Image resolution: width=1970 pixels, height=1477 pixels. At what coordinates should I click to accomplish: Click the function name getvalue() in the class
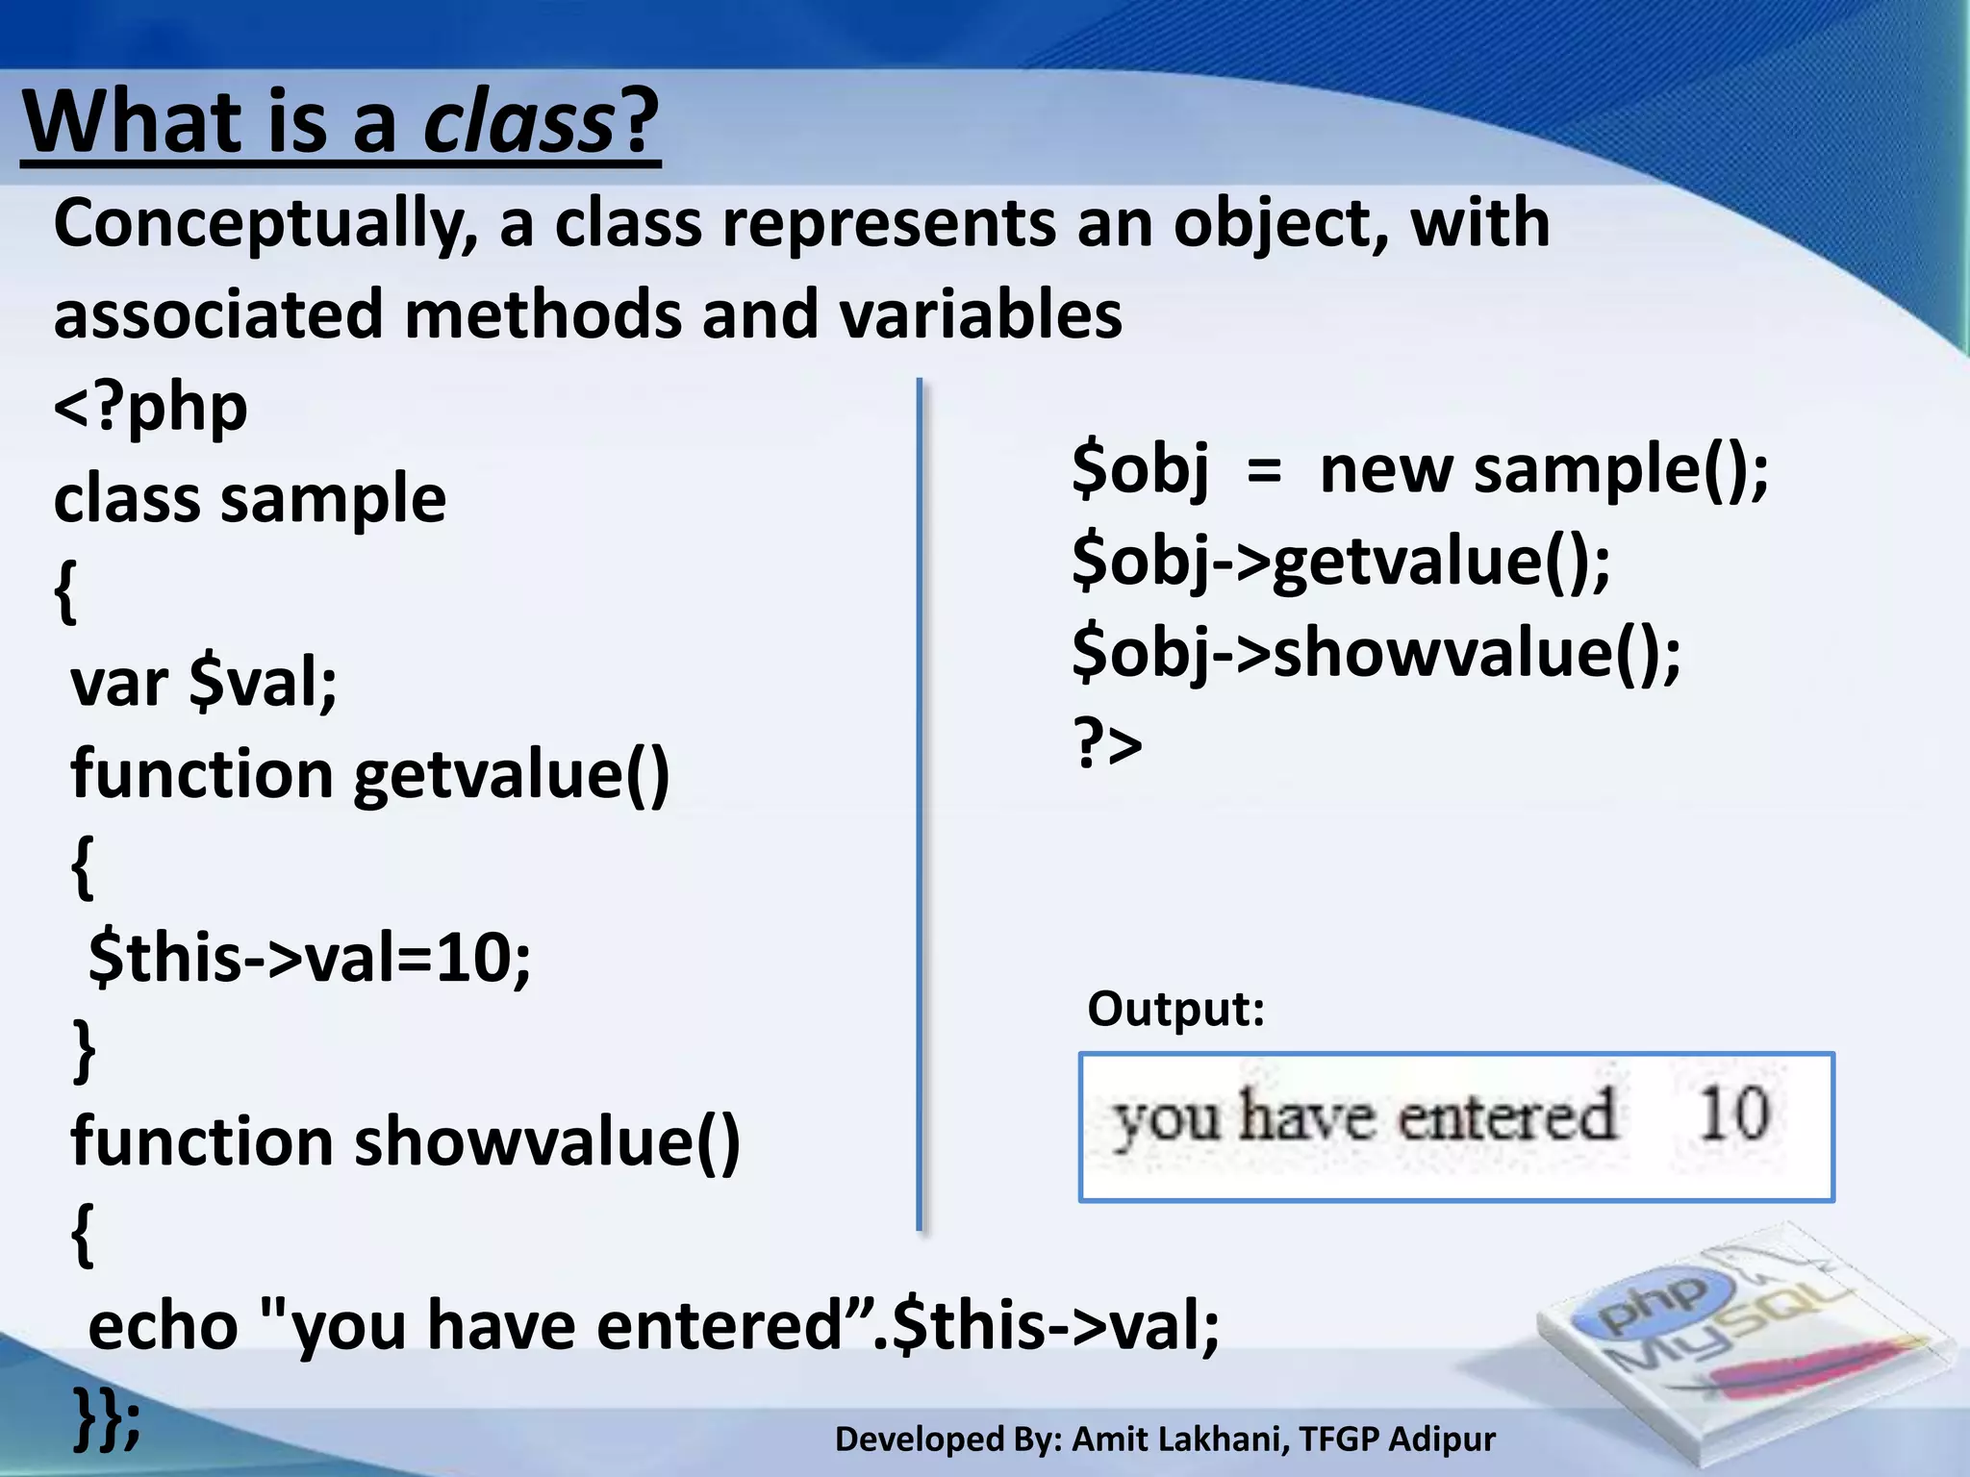511,775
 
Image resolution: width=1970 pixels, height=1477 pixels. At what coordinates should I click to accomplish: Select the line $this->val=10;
309,959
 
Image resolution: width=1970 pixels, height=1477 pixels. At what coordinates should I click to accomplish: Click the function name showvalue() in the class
547,1142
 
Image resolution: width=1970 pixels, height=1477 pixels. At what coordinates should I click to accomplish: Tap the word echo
163,1325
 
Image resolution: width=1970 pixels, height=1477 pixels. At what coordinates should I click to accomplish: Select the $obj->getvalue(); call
1341,562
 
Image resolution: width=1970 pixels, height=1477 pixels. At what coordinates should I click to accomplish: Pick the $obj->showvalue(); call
1376,654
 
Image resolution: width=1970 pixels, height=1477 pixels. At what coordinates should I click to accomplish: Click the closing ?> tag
1107,744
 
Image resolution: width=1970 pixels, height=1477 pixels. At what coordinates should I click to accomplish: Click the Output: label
1175,1009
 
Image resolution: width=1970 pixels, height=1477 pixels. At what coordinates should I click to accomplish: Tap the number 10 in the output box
1732,1114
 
